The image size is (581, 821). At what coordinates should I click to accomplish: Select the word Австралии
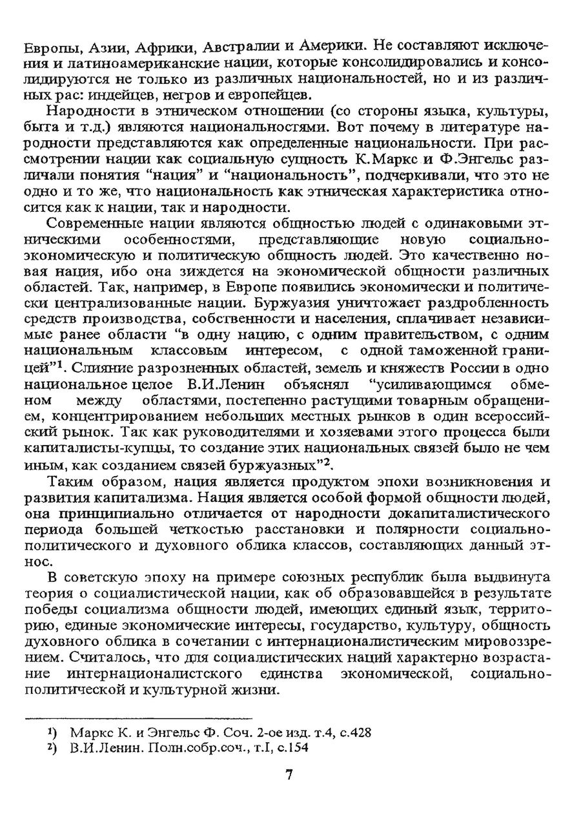pyautogui.click(x=242, y=48)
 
